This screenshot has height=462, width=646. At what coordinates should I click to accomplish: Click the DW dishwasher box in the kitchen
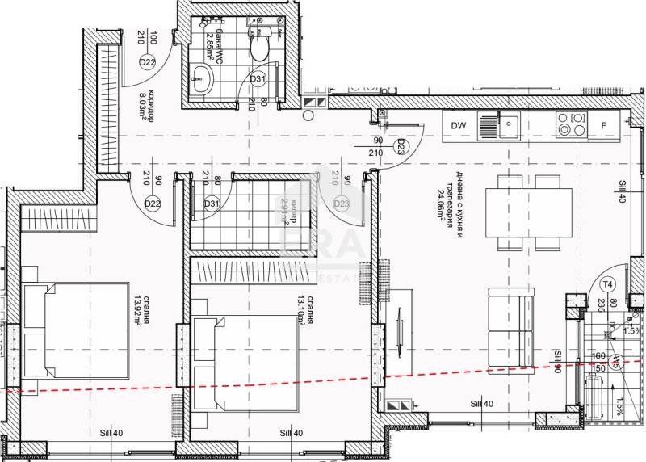[459, 125]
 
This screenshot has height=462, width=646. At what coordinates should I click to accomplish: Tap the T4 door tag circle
[609, 283]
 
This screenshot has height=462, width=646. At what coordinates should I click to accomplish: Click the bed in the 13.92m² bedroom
[77, 330]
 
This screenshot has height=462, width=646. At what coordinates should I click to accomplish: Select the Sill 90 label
[557, 360]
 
